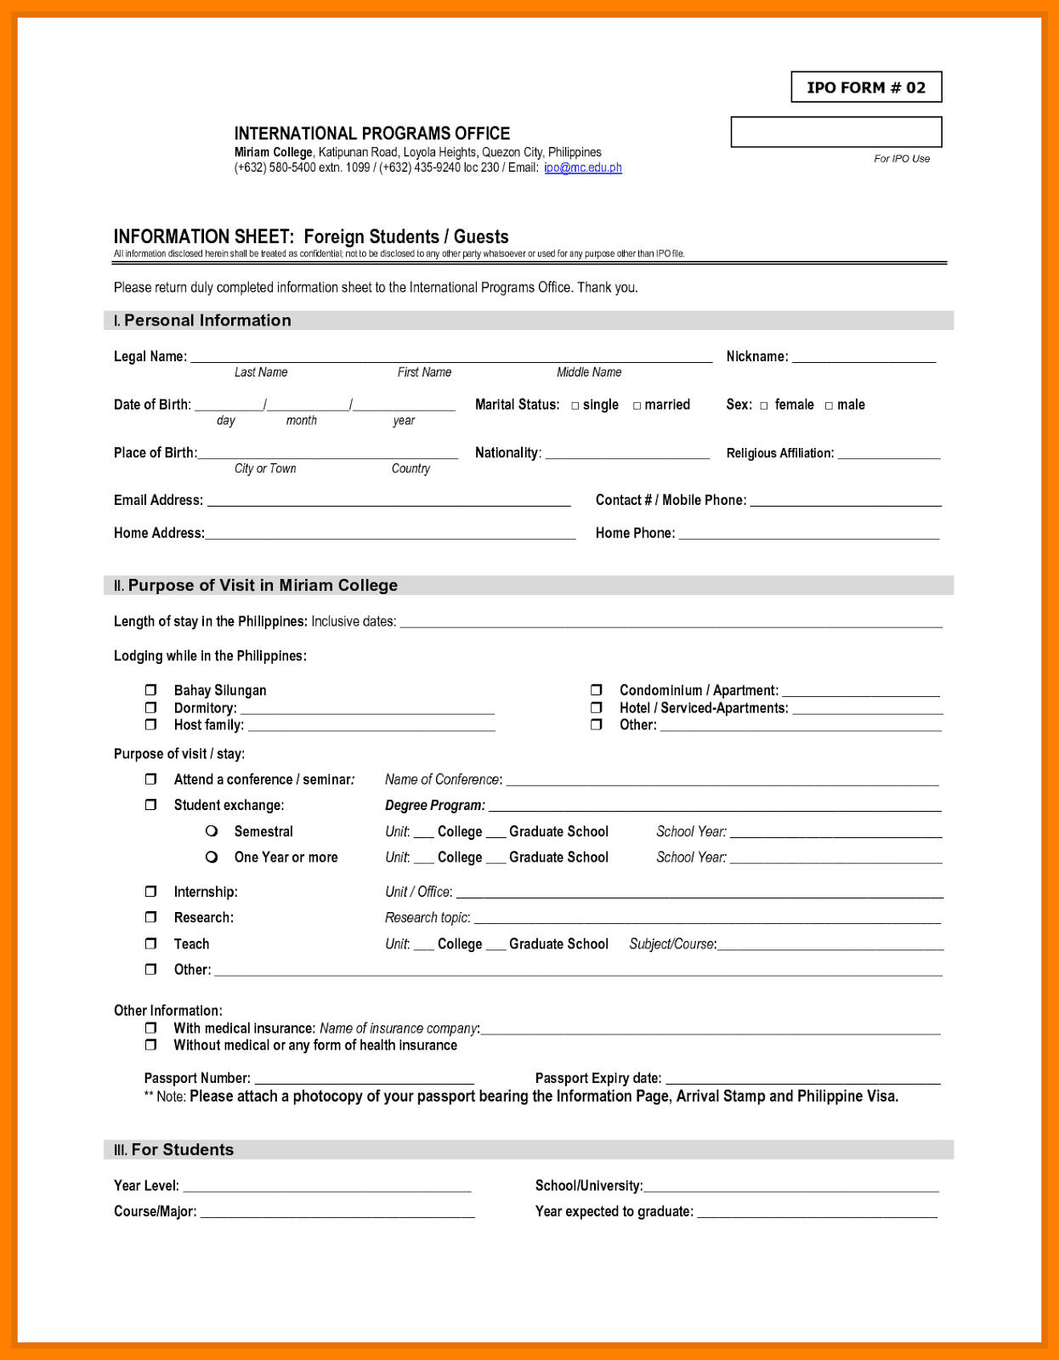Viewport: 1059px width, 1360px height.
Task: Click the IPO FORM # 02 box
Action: click(x=866, y=87)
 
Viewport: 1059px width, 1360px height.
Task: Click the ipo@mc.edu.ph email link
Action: click(x=583, y=167)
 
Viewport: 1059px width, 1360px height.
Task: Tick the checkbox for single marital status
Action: click(x=575, y=405)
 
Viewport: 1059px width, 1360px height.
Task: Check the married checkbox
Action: click(x=637, y=405)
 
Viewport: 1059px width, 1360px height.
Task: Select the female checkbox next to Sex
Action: click(x=764, y=405)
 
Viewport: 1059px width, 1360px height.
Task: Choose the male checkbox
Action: click(x=829, y=405)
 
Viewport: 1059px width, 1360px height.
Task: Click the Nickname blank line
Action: click(x=864, y=357)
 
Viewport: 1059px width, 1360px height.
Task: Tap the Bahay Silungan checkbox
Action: click(x=150, y=689)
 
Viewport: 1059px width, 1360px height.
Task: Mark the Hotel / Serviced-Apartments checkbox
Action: click(x=596, y=707)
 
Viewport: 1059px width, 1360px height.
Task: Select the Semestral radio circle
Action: click(x=212, y=830)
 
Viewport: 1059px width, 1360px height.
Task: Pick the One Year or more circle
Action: click(x=212, y=857)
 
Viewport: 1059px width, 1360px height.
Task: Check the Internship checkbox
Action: click(x=150, y=891)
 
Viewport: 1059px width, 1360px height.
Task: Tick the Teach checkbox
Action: click(x=150, y=943)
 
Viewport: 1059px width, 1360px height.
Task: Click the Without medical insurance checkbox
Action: click(x=150, y=1045)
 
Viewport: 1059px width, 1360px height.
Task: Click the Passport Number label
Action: click(x=197, y=1078)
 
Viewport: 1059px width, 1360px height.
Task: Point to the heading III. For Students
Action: click(x=174, y=1149)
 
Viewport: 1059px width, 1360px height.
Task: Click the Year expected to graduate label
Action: click(x=614, y=1211)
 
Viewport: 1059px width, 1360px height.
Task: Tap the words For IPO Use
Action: click(x=902, y=159)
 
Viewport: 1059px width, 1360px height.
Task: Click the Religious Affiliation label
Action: click(x=779, y=453)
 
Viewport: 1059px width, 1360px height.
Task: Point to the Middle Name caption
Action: click(x=589, y=372)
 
